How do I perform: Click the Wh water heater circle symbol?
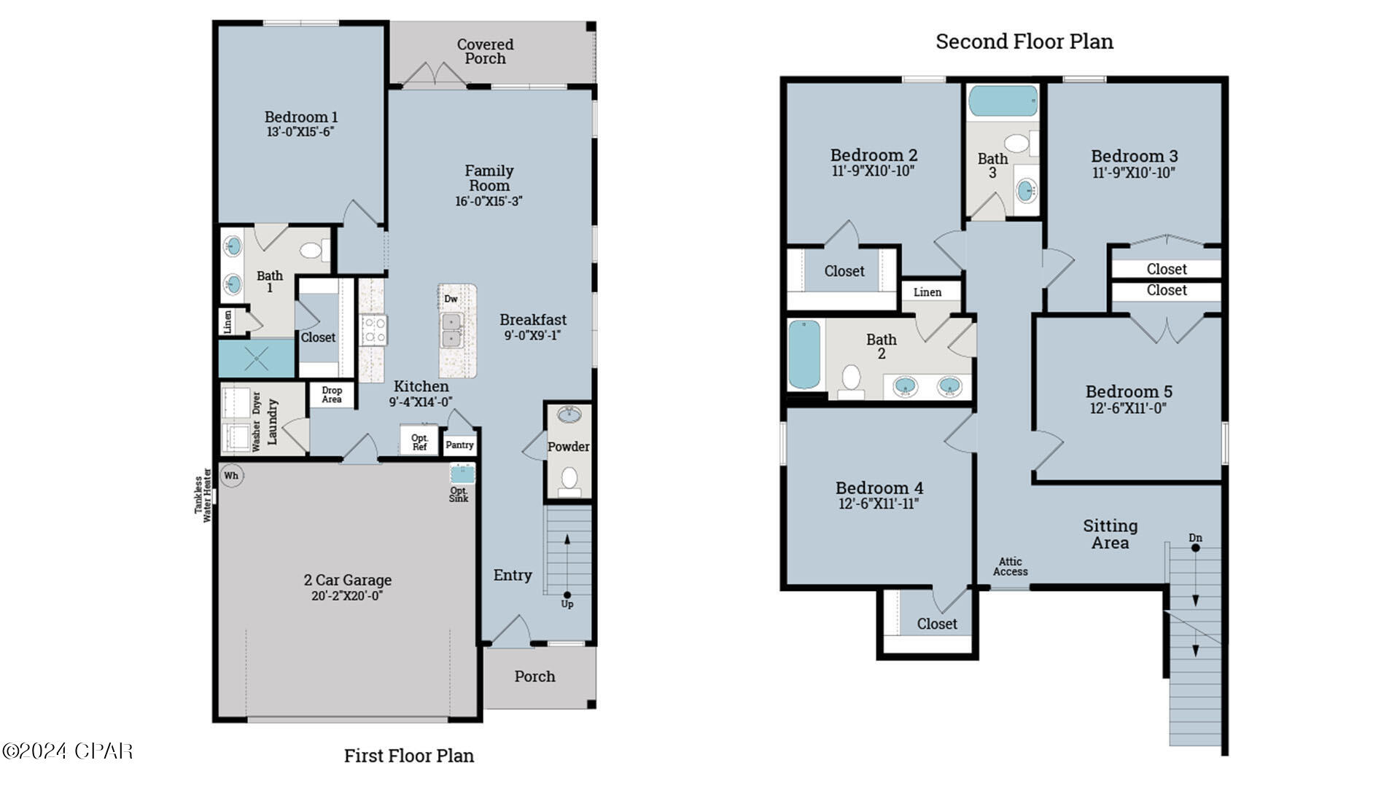231,476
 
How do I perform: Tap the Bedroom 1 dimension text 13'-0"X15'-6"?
300,132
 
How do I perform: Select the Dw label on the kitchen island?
451,299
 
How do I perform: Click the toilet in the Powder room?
569,479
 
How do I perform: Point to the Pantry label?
459,445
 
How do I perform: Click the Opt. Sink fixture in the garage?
461,475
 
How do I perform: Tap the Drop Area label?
332,394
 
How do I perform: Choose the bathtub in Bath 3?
1003,101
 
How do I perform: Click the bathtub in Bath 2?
804,355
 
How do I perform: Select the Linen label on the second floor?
927,292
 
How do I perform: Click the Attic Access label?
1010,566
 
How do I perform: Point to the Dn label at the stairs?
1195,538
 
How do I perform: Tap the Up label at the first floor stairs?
567,604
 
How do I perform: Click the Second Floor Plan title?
1024,42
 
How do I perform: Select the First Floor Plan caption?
409,756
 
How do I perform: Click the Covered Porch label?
486,51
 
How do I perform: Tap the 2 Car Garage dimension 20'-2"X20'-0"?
347,596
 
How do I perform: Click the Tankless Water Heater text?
203,496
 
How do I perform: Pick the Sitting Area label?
1110,534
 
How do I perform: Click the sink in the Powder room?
569,415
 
